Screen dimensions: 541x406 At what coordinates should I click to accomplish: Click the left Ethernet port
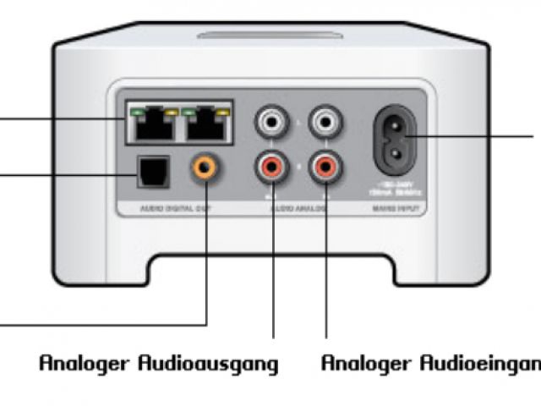tap(152, 128)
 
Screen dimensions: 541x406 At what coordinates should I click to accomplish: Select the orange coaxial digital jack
tap(204, 167)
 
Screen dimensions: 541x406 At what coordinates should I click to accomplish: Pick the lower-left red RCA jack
tap(272, 167)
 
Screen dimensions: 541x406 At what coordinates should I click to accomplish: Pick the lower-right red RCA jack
tap(325, 167)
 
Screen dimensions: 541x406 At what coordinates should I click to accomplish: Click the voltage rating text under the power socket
tap(395, 186)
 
